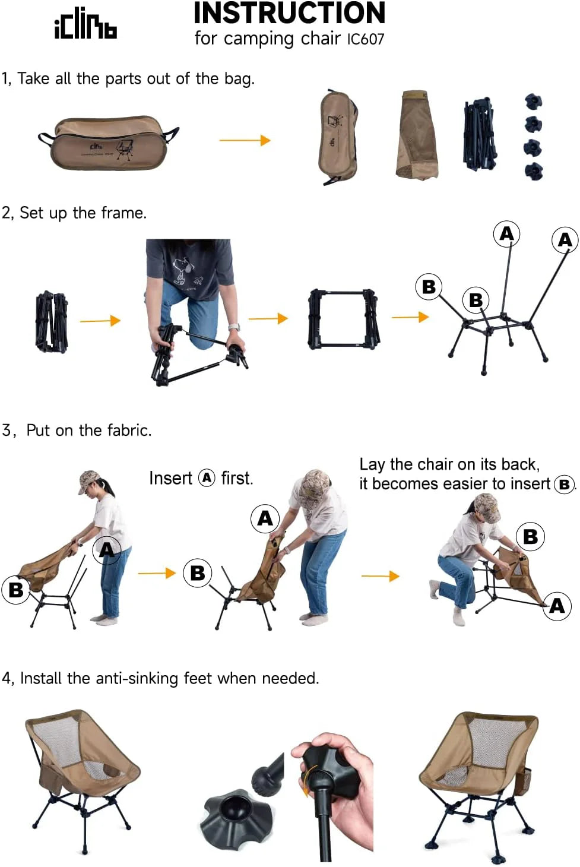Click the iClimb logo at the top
85,25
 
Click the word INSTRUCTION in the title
289,13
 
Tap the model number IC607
366,39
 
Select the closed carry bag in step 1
108,143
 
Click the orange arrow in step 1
245,140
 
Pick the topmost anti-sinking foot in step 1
533,101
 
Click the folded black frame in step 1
479,134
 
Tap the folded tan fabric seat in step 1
418,135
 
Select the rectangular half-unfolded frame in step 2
343,319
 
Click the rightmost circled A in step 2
565,240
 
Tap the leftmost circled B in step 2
429,287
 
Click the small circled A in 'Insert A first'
207,477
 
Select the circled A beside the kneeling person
557,606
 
